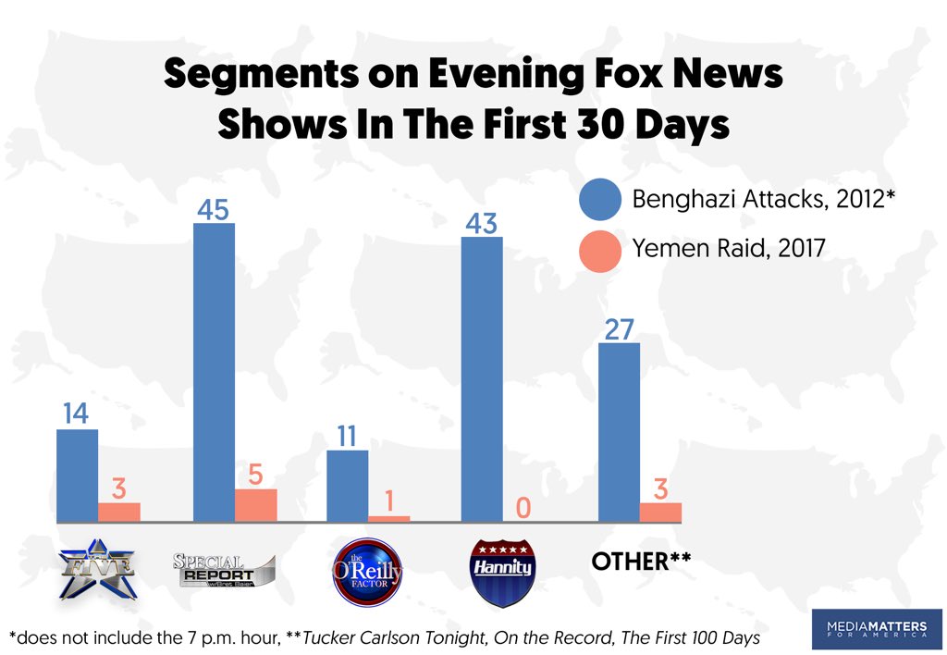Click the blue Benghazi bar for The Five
(77, 476)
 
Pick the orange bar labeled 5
(256, 505)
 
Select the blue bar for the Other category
(619, 432)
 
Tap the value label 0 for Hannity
(523, 507)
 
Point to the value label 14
(76, 414)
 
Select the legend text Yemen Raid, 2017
(729, 249)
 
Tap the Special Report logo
(225, 567)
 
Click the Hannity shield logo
(500, 570)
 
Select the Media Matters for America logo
(869, 629)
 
